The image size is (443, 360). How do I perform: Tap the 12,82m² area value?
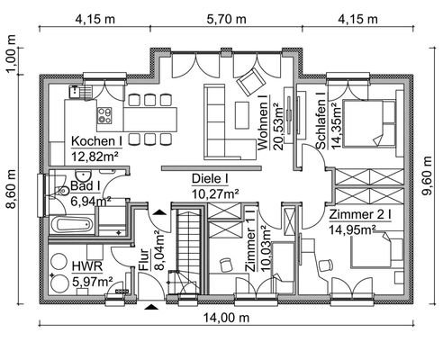pos(95,156)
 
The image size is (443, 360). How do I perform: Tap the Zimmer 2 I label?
pos(360,216)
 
